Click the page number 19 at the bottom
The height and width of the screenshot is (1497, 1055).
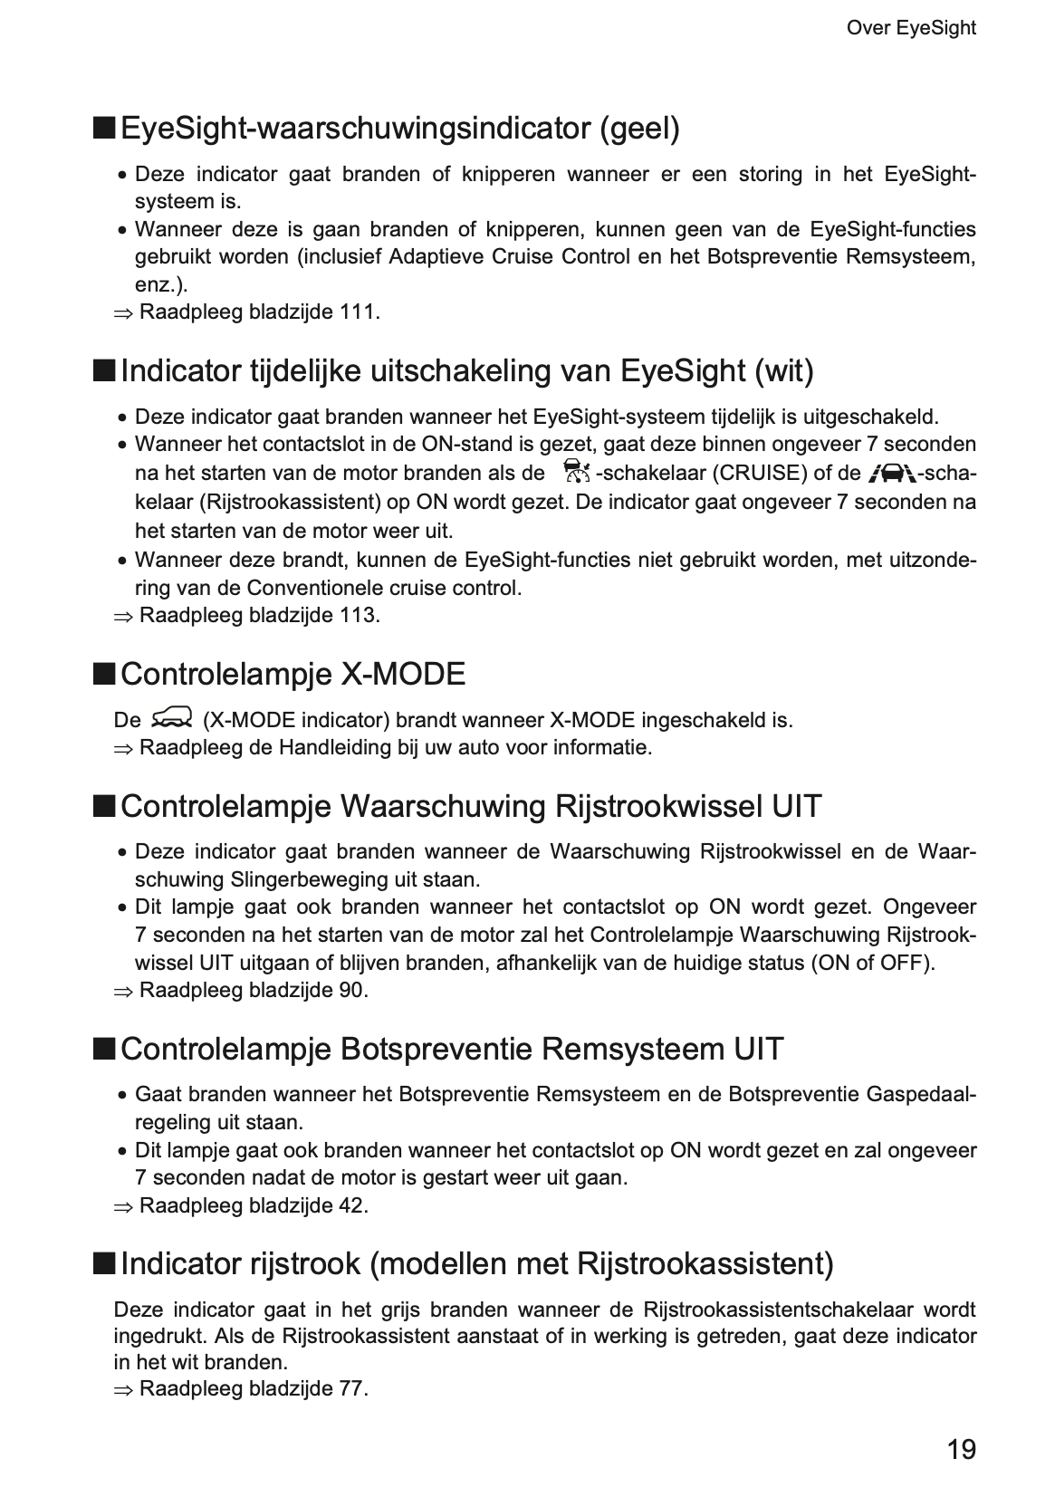point(961,1450)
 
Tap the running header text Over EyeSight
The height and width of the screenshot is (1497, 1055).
point(910,28)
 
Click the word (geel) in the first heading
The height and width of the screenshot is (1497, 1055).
point(638,129)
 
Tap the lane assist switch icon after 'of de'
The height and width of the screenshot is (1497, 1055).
point(890,472)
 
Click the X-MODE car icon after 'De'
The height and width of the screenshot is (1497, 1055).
point(172,719)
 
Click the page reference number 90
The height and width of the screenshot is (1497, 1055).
point(351,991)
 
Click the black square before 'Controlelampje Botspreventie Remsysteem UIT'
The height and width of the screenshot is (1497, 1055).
point(104,1049)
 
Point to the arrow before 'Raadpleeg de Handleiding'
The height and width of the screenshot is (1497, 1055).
point(123,749)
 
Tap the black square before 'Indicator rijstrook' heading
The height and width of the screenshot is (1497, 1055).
point(104,1262)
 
